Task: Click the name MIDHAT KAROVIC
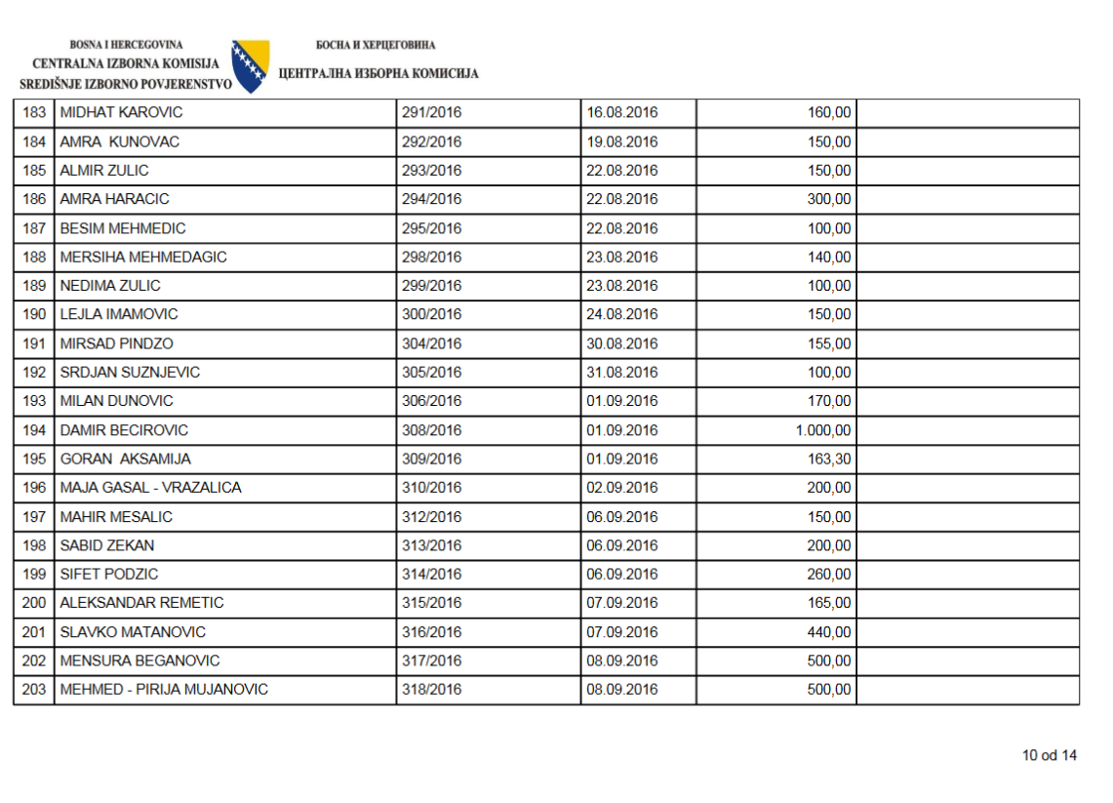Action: [121, 113]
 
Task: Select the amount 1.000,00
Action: [823, 430]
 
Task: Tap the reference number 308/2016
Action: [431, 430]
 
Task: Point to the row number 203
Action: [34, 690]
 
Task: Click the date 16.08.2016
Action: [622, 113]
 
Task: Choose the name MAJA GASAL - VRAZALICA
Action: [150, 488]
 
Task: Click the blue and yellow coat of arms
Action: [251, 66]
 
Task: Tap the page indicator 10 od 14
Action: [1050, 755]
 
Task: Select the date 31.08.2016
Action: [622, 373]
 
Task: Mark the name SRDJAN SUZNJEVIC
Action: [130, 373]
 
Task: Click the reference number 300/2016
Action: [431, 315]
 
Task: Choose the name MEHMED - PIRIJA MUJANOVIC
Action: [164, 690]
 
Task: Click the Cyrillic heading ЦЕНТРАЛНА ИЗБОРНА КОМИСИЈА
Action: [378, 74]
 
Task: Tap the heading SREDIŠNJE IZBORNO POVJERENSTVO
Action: [126, 84]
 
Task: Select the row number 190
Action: [34, 315]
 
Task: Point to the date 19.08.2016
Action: [622, 142]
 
